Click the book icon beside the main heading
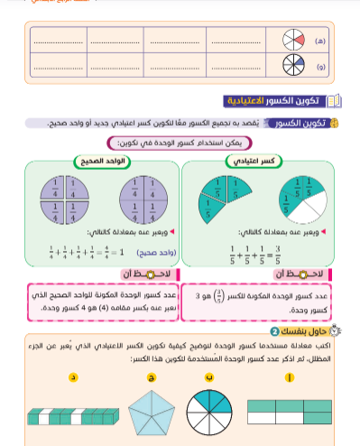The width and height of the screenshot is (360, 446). coord(334,99)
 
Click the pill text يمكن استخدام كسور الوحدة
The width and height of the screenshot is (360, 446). coord(180,143)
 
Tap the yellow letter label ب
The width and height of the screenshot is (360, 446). coord(209,377)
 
